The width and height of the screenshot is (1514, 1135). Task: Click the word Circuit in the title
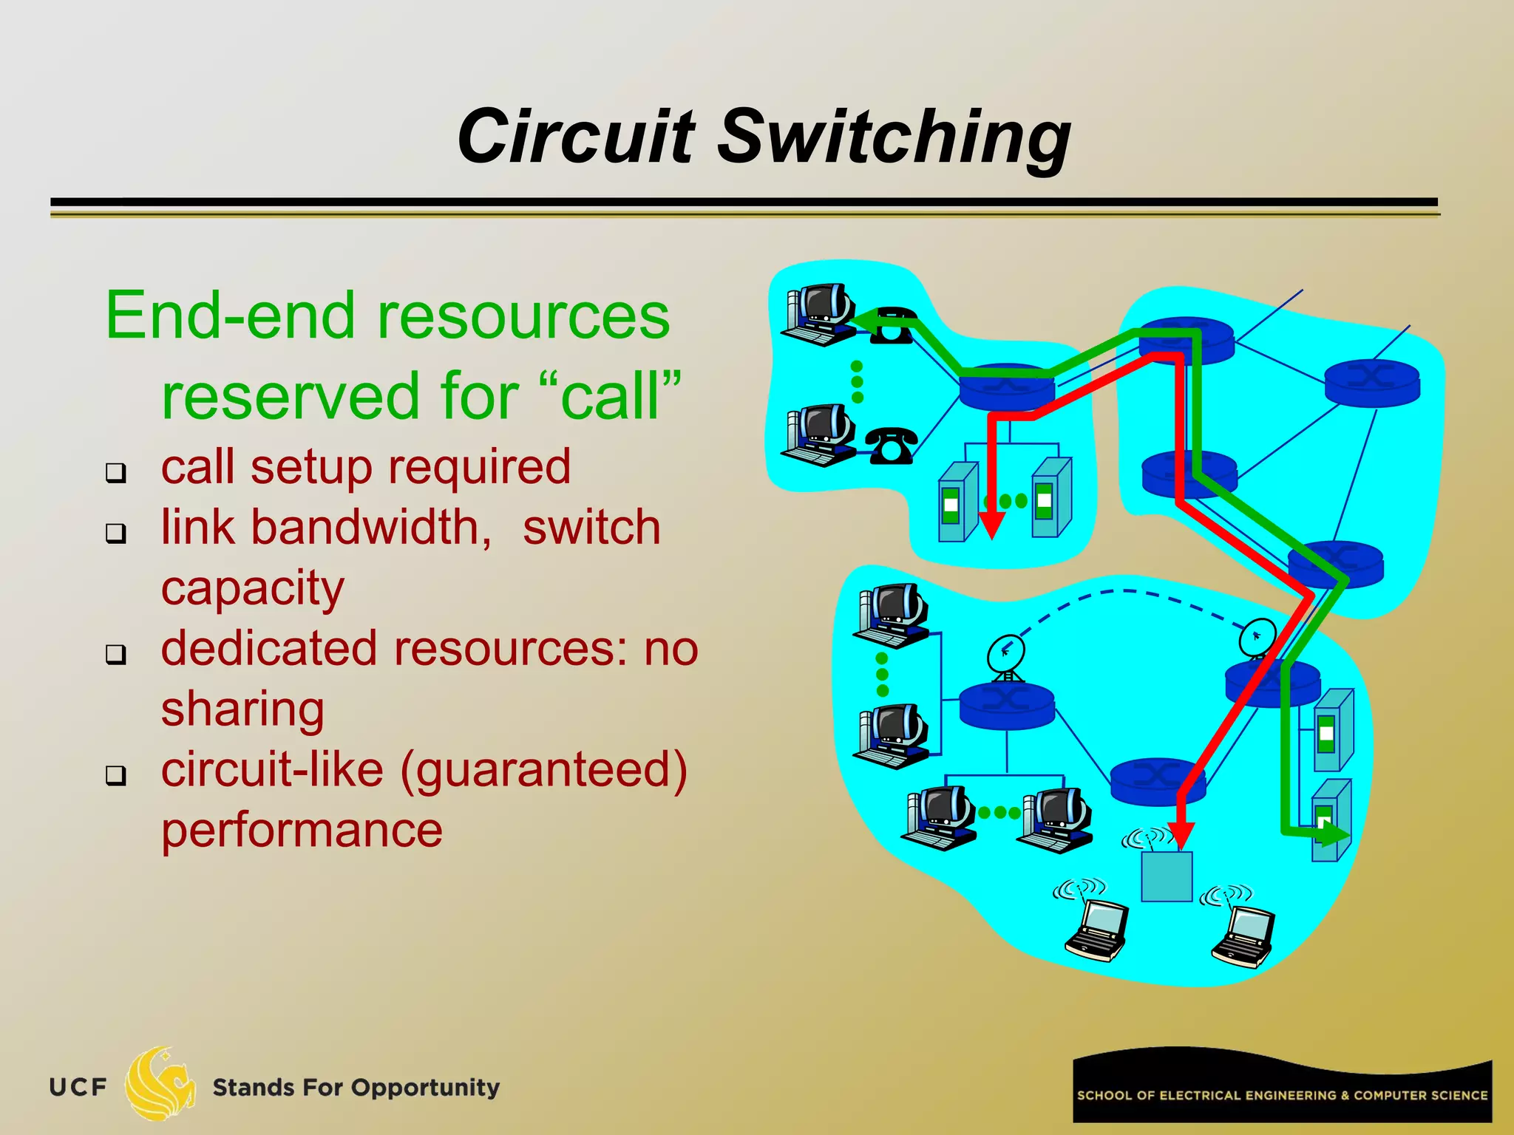(576, 137)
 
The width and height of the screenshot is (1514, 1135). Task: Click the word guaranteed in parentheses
(544, 770)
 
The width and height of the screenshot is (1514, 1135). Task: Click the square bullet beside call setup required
(115, 472)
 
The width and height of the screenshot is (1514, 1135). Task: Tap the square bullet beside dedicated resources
(115, 654)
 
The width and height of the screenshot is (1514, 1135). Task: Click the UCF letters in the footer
(78, 1088)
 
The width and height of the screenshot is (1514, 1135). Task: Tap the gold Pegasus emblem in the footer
(160, 1083)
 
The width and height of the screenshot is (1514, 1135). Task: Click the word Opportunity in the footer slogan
(425, 1088)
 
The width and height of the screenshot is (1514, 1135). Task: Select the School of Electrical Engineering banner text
(1282, 1095)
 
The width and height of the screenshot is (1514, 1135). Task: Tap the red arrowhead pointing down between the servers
(991, 525)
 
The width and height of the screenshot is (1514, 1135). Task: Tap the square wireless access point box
(1167, 876)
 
